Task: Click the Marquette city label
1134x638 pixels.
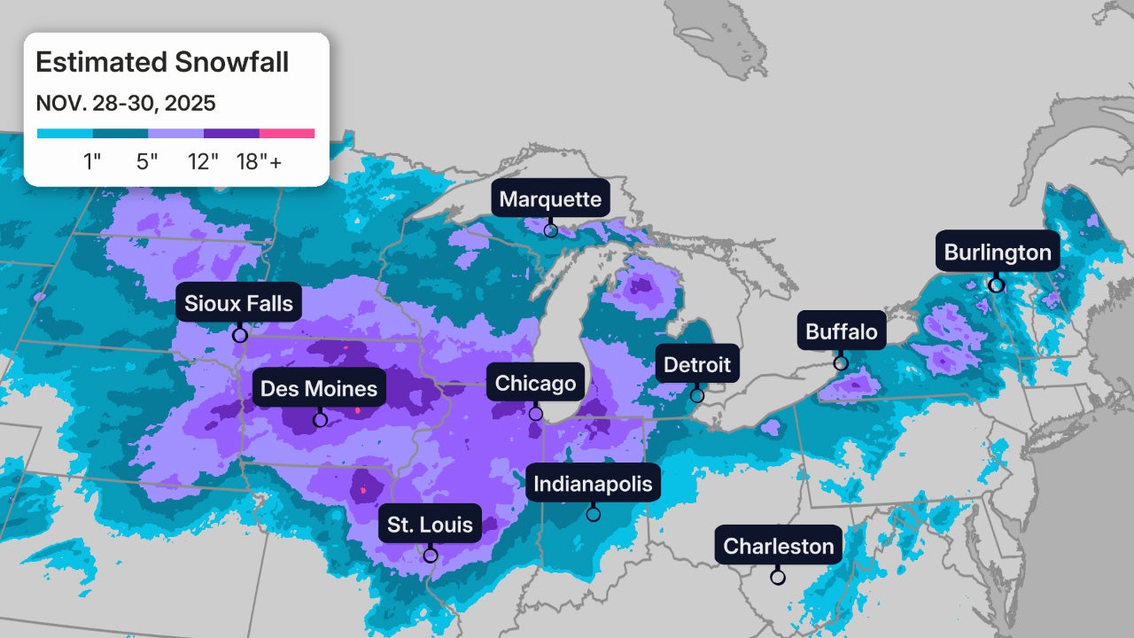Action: click(550, 199)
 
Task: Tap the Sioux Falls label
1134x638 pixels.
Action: click(238, 304)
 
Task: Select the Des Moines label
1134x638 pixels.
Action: click(319, 388)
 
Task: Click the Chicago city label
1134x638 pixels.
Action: click(535, 384)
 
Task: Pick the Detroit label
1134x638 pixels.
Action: click(696, 364)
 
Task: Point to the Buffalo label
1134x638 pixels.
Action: click(841, 331)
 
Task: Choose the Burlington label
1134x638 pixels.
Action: click(998, 253)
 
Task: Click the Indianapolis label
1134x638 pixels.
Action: click(593, 484)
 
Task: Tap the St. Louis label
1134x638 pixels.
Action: click(431, 525)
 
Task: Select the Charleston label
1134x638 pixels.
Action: click(779, 546)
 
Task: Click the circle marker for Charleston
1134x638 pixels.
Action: click(778, 577)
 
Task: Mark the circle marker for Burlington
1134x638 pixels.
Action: click(996, 285)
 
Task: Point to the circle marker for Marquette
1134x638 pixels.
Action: click(551, 230)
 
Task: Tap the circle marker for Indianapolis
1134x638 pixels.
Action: click(594, 514)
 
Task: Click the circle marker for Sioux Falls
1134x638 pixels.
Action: click(239, 335)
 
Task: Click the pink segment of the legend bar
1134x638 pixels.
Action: click(287, 134)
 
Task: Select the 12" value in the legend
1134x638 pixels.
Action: click(203, 162)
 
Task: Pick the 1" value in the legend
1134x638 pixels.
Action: click(92, 162)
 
